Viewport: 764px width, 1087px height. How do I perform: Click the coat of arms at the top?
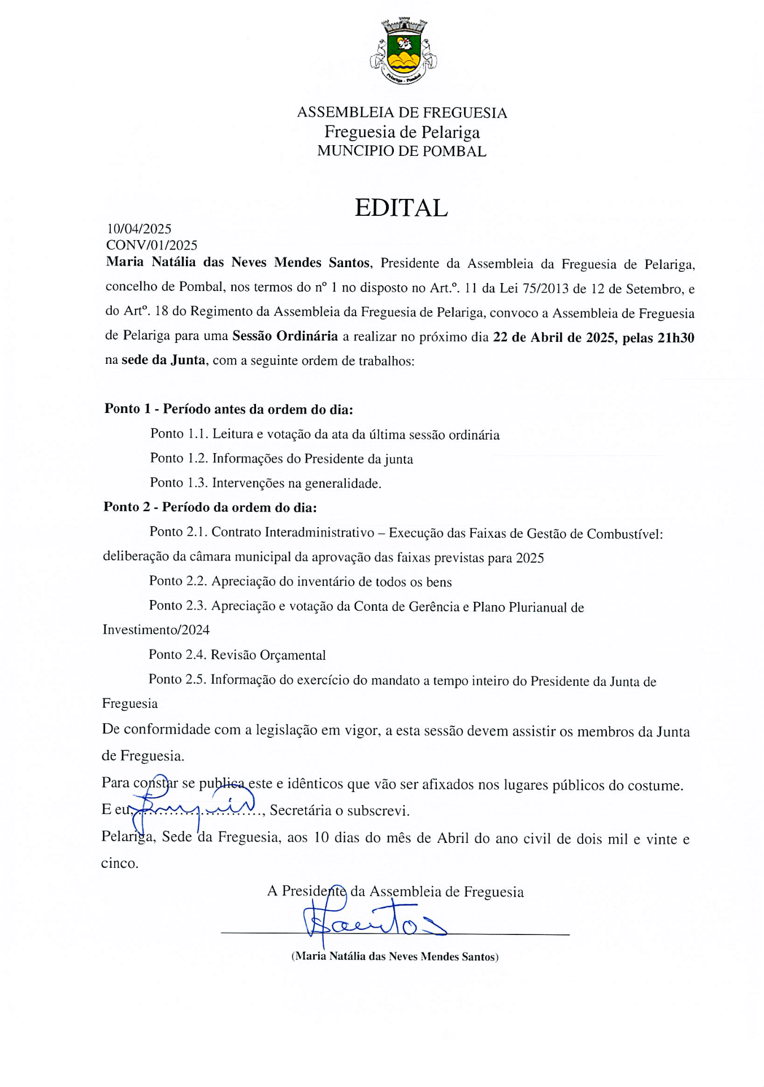(403, 51)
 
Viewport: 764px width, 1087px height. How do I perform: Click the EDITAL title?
(401, 208)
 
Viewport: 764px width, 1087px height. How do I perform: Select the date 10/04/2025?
(139, 229)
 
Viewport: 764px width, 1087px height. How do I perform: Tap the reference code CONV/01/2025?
(151, 245)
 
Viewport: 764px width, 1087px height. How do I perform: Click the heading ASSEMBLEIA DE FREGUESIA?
(402, 112)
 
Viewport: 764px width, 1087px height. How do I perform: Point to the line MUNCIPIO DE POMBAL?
(402, 151)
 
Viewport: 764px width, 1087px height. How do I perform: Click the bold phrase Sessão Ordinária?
(285, 336)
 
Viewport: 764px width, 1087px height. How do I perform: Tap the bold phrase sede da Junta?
(163, 360)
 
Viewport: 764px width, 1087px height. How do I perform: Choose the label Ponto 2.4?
(177, 654)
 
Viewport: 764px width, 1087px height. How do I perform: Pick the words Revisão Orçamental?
(268, 655)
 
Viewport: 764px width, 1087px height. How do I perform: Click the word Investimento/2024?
(156, 630)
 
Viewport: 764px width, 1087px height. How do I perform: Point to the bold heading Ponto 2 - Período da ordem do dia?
(210, 507)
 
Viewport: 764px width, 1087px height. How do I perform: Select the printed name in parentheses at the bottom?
(394, 956)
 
